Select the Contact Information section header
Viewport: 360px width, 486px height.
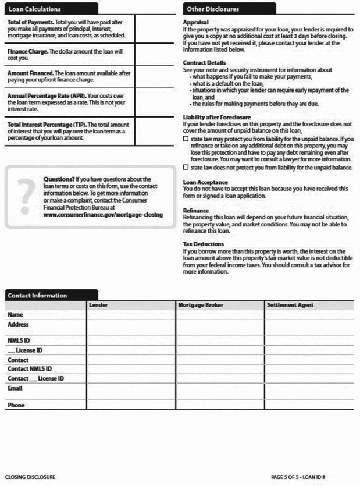[37, 295]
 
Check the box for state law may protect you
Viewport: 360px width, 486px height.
[186, 140]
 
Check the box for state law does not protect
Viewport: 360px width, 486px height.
[186, 168]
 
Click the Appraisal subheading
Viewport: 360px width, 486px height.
[196, 22]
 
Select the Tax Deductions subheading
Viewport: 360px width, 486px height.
[203, 244]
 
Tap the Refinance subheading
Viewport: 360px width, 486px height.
[195, 210]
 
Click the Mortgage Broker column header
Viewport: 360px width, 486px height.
[199, 305]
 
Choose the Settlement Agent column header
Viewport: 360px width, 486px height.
[290, 305]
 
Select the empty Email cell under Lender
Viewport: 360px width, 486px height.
[131, 391]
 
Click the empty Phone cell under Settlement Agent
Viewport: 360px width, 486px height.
[308, 405]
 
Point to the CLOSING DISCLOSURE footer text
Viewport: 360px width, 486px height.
[30, 477]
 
